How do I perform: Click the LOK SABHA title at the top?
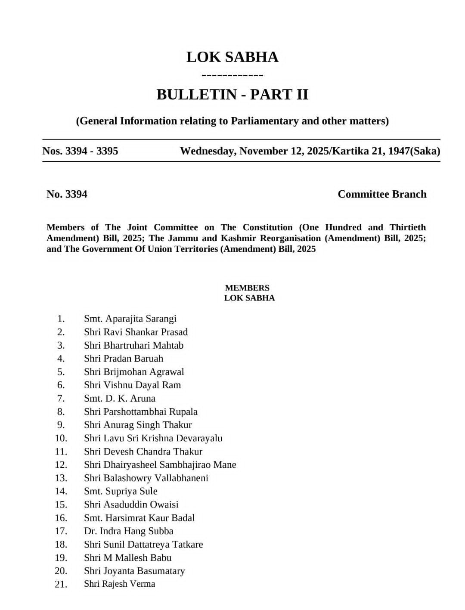[x=232, y=57]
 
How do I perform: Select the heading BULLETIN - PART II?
[x=232, y=94]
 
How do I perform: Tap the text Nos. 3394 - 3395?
[x=80, y=151]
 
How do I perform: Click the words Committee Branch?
[x=382, y=194]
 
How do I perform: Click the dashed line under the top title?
[x=232, y=76]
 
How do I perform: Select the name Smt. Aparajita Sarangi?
[x=130, y=319]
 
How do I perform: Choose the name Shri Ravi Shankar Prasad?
[x=136, y=332]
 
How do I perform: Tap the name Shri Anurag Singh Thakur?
[x=138, y=425]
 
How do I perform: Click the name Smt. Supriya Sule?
[x=121, y=491]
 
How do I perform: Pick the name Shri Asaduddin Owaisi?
[x=131, y=505]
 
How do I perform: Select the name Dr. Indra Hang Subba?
[x=128, y=531]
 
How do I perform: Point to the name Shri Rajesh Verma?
[x=119, y=584]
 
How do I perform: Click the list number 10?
[x=61, y=438]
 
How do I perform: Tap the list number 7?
[x=61, y=399]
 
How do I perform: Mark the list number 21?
[x=61, y=584]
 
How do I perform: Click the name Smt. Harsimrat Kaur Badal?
[x=139, y=518]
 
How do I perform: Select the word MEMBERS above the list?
[x=247, y=288]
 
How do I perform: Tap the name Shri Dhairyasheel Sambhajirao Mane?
[x=160, y=465]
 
